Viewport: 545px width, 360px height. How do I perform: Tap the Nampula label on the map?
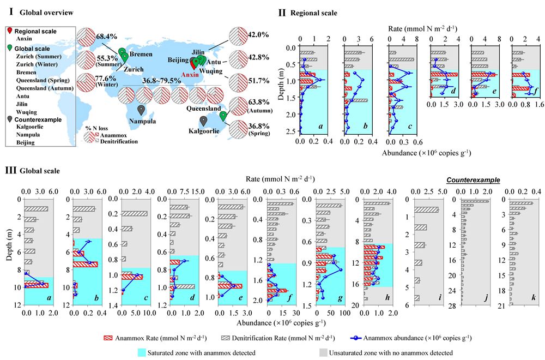[140, 122]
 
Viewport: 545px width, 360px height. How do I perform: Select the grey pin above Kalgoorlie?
[203, 121]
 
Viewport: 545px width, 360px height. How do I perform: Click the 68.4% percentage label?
[108, 36]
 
